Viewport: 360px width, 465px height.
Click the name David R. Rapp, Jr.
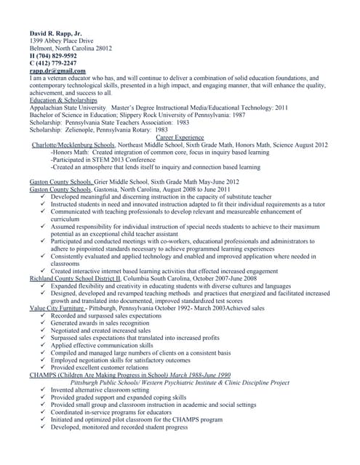coord(55,33)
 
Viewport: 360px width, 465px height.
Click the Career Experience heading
coord(180,137)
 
